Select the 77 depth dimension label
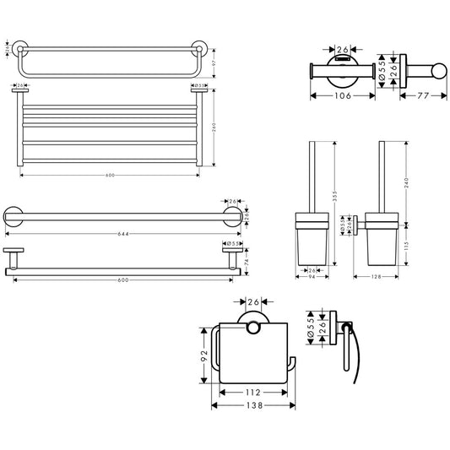(x=422, y=96)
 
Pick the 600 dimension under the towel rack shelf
(x=110, y=175)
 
